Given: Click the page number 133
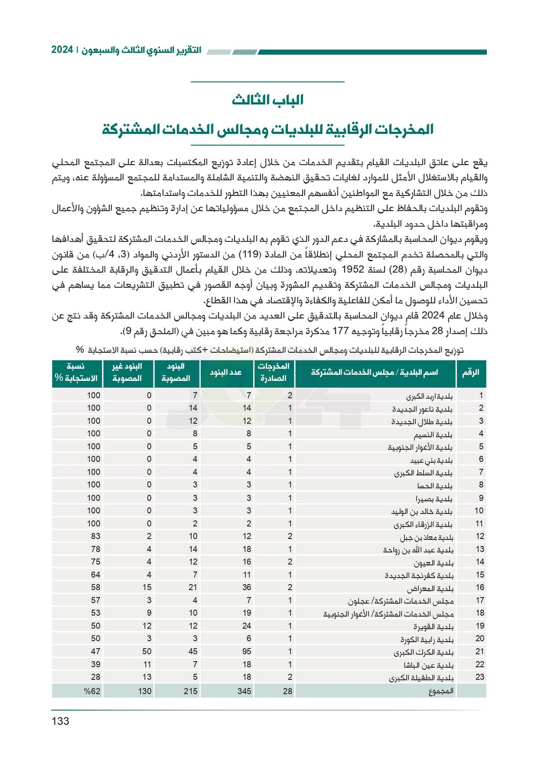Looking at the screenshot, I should (60, 721).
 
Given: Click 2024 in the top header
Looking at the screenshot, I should (62, 50).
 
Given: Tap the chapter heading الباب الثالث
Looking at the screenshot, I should (267, 100).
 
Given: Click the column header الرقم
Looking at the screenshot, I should (470, 372).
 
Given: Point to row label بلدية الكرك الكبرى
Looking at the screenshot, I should (423, 652).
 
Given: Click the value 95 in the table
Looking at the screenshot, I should (246, 651).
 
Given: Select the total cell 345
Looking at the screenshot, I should (244, 691).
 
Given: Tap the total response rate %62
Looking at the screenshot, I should (92, 691).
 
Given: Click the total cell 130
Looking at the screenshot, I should (145, 691).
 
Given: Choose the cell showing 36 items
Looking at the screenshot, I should (246, 587).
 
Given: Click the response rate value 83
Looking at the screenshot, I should (95, 536).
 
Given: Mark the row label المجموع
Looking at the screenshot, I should (441, 691).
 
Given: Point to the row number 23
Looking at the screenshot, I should (480, 677).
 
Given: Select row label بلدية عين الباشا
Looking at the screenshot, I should (428, 665).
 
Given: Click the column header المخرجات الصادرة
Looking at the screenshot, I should (273, 372).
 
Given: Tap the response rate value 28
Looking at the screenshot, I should (95, 677).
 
